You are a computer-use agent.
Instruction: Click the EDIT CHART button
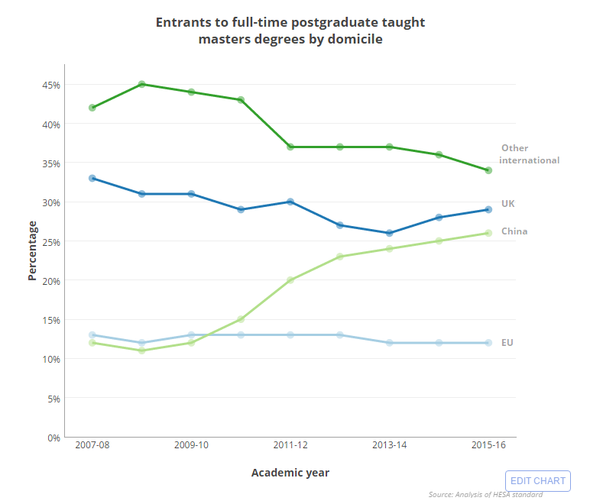click(x=538, y=480)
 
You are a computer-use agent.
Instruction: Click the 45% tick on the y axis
click(x=51, y=85)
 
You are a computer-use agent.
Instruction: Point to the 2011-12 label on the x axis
click(x=290, y=445)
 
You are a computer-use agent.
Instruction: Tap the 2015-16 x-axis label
click(x=488, y=445)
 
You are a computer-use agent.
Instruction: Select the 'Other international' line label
click(x=530, y=154)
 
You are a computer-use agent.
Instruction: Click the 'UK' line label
click(x=508, y=203)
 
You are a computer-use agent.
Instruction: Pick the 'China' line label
click(x=514, y=231)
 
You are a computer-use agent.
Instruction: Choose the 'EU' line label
click(x=507, y=343)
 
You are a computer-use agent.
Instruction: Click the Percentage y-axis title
click(x=32, y=250)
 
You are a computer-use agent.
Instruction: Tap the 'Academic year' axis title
click(x=290, y=473)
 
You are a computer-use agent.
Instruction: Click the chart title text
click(x=290, y=31)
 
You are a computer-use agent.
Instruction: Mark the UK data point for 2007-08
click(x=92, y=178)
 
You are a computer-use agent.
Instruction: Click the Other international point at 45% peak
click(x=142, y=84)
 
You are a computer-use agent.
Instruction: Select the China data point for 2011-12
click(x=290, y=280)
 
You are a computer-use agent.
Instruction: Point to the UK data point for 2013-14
click(x=389, y=233)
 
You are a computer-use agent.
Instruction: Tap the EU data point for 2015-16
click(x=488, y=343)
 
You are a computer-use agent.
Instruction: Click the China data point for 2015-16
click(x=488, y=233)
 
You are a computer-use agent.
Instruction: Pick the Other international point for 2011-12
click(x=290, y=147)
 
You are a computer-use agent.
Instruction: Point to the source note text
click(x=485, y=495)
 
